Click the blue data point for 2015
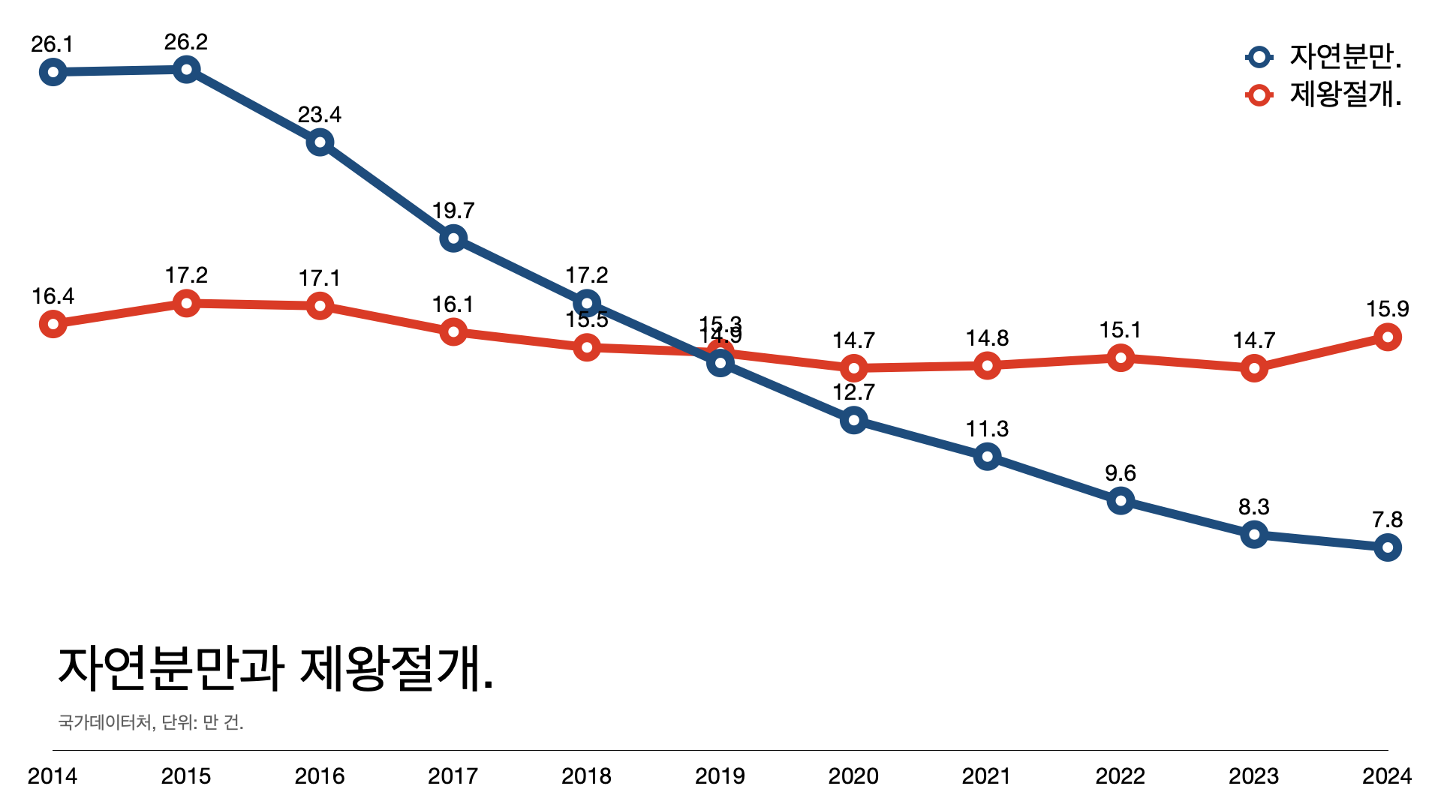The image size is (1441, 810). (x=186, y=70)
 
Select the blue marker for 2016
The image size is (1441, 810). (x=320, y=142)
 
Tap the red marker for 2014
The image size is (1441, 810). (x=53, y=324)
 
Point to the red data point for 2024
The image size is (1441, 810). (x=1387, y=337)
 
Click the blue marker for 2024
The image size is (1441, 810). (x=1387, y=547)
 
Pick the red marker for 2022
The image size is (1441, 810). (x=1121, y=358)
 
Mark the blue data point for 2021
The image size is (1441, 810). (x=987, y=456)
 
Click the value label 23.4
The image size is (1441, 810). (x=320, y=115)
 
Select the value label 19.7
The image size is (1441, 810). (x=453, y=211)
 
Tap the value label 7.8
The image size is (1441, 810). (x=1387, y=520)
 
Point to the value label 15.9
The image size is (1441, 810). (x=1387, y=309)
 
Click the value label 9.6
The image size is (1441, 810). (x=1121, y=473)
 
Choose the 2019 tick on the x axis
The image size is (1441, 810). (x=720, y=775)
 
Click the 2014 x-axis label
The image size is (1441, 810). (x=53, y=775)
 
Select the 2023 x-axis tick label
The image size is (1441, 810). (x=1253, y=775)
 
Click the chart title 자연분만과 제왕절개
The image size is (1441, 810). (x=275, y=668)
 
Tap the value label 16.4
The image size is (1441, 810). (x=53, y=296)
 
